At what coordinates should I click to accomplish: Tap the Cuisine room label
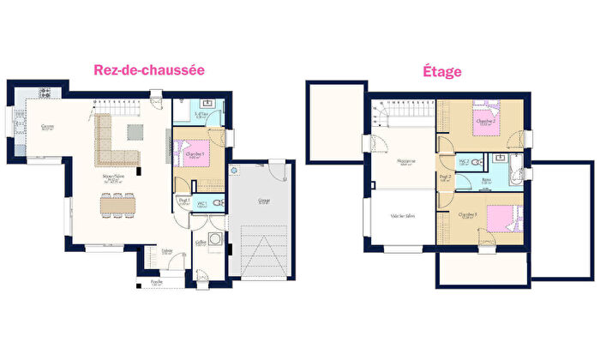pos(47,127)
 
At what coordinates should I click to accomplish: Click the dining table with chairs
pos(118,207)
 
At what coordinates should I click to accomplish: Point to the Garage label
pos(263,201)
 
